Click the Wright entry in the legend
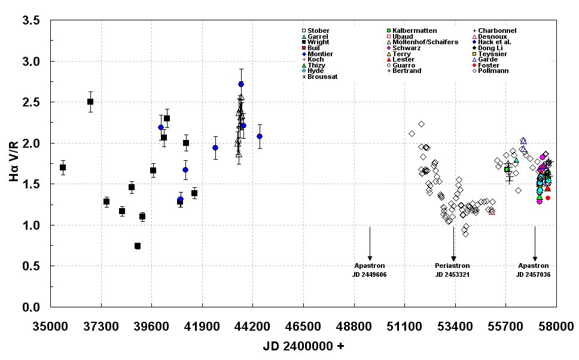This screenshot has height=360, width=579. (x=318, y=42)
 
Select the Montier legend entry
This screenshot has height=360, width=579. (x=320, y=54)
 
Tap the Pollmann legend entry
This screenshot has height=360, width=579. (x=492, y=71)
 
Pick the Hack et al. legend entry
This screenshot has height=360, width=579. (x=494, y=42)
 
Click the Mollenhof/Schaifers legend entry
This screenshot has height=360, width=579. (x=425, y=42)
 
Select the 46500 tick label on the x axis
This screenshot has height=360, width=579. (x=303, y=326)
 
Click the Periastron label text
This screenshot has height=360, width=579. (x=452, y=266)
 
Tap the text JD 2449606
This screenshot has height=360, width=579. (x=370, y=274)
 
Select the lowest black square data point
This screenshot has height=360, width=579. (x=138, y=246)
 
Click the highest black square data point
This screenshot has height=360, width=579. (x=90, y=102)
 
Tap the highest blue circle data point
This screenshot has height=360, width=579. (x=240, y=84)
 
